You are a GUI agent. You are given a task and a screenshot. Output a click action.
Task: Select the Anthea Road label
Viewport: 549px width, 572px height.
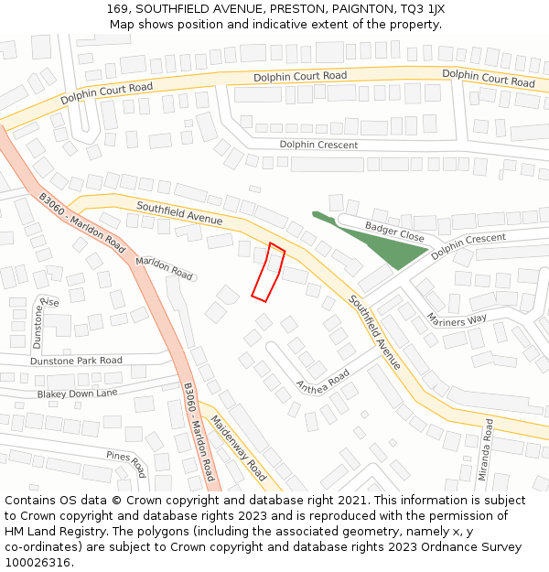323,379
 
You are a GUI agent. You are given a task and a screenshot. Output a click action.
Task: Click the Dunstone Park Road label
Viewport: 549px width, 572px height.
76,361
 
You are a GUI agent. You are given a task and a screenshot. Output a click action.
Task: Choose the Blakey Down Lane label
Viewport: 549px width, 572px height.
78,393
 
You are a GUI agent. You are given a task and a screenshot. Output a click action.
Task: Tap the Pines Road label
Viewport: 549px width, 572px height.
125,464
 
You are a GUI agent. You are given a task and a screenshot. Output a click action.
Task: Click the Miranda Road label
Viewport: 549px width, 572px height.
488,448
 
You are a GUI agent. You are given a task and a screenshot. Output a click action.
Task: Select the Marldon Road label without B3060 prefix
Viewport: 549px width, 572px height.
165,267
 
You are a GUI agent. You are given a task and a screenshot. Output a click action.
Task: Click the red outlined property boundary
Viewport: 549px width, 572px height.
268,273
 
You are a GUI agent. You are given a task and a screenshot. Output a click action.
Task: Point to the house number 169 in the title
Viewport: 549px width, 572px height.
116,9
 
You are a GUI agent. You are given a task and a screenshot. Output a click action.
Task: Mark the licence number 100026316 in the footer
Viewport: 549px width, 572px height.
39,562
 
